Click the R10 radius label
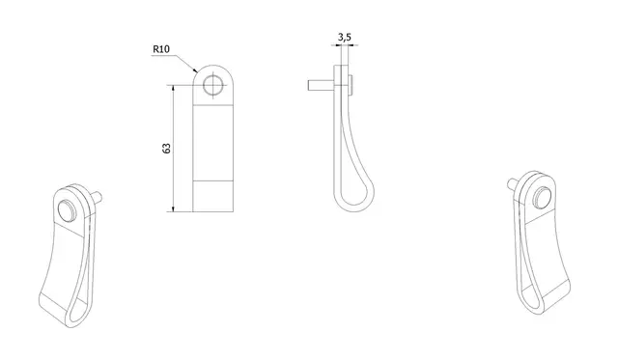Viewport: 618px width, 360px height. click(x=161, y=49)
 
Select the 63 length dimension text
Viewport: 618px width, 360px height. click(x=166, y=148)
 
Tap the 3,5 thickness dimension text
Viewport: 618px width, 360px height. click(x=344, y=38)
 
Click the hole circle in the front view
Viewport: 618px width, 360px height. click(x=213, y=86)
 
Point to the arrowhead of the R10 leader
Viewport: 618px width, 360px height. click(x=195, y=70)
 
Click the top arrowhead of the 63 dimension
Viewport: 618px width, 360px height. click(x=174, y=88)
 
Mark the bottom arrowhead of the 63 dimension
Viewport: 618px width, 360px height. click(x=174, y=208)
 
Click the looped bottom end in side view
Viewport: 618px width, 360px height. click(x=353, y=200)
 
